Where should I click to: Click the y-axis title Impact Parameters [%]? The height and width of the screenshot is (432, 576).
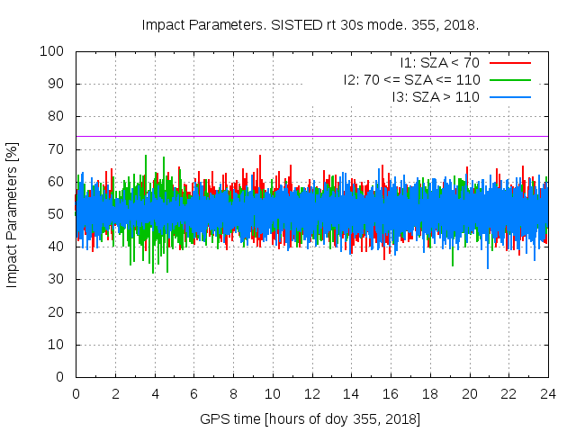13,214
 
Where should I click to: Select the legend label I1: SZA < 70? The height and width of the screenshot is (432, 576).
440,63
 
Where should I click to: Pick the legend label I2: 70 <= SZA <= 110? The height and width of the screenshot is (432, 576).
411,79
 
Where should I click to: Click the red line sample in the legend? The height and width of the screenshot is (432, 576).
508,63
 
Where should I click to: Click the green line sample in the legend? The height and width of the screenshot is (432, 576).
508,79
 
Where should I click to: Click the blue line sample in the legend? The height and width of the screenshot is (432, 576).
508,96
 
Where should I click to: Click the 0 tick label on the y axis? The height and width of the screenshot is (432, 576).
62,377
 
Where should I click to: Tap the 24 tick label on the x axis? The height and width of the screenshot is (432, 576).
547,393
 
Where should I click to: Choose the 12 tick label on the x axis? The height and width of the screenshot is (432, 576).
311,393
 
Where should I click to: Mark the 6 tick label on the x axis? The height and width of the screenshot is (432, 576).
193,393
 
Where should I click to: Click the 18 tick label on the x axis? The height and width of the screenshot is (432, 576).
429,393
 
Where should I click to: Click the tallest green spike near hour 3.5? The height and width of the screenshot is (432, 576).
146,157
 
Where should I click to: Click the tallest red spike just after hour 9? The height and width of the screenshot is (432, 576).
260,157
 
